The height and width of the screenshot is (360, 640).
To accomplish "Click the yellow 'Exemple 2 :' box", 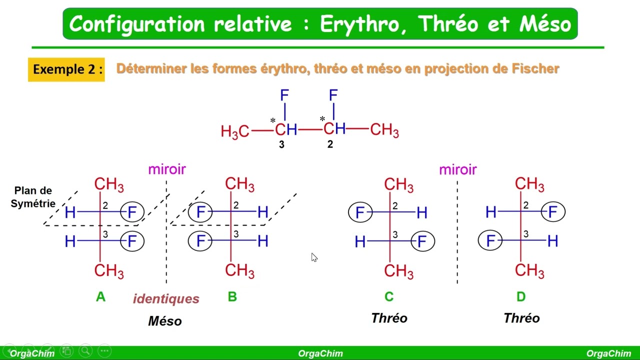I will click(66, 69).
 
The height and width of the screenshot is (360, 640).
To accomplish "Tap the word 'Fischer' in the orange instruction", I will click(535, 68).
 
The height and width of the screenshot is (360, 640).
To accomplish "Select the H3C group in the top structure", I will click(234, 131).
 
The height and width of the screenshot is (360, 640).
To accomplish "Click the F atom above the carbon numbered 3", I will click(284, 95).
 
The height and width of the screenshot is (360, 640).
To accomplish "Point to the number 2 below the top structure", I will click(330, 144).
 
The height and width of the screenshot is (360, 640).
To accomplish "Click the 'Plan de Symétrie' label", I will click(33, 197).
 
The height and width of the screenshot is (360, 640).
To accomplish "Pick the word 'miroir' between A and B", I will click(167, 169).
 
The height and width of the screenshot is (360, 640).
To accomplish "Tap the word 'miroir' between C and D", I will click(457, 170).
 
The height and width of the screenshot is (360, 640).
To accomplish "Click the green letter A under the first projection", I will click(100, 297).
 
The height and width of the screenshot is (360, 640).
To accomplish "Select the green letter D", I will click(521, 297).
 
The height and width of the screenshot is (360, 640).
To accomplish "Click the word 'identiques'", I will click(166, 299).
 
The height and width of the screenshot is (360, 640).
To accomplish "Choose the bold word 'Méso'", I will click(165, 321).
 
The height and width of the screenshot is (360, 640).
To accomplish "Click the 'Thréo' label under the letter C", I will click(389, 318).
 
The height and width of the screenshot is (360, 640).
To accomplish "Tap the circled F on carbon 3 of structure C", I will click(422, 242).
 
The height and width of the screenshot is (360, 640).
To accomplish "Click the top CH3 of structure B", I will click(239, 184).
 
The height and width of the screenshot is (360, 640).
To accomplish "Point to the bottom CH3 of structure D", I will click(529, 270).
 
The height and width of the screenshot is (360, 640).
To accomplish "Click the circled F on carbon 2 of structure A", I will click(132, 212).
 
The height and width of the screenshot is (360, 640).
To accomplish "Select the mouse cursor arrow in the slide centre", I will click(314, 257).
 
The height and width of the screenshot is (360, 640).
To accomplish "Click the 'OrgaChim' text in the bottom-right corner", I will click(608, 353).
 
